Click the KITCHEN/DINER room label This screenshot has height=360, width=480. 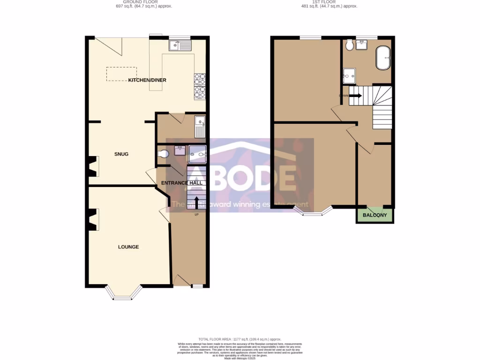tap(147, 80)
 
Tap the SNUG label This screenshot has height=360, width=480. tap(121, 154)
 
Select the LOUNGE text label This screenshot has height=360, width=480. tap(128, 247)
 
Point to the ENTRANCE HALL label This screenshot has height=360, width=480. tap(182, 183)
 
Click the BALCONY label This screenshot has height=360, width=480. tap(375, 216)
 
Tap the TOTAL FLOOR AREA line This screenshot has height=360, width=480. tap(240, 339)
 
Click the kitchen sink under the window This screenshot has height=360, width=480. tap(180, 45)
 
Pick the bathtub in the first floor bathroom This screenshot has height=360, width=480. tap(383, 58)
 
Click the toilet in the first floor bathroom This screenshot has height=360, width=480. tap(349, 45)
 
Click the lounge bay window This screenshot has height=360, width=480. tap(124, 292)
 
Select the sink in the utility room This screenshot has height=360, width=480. tap(200, 126)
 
